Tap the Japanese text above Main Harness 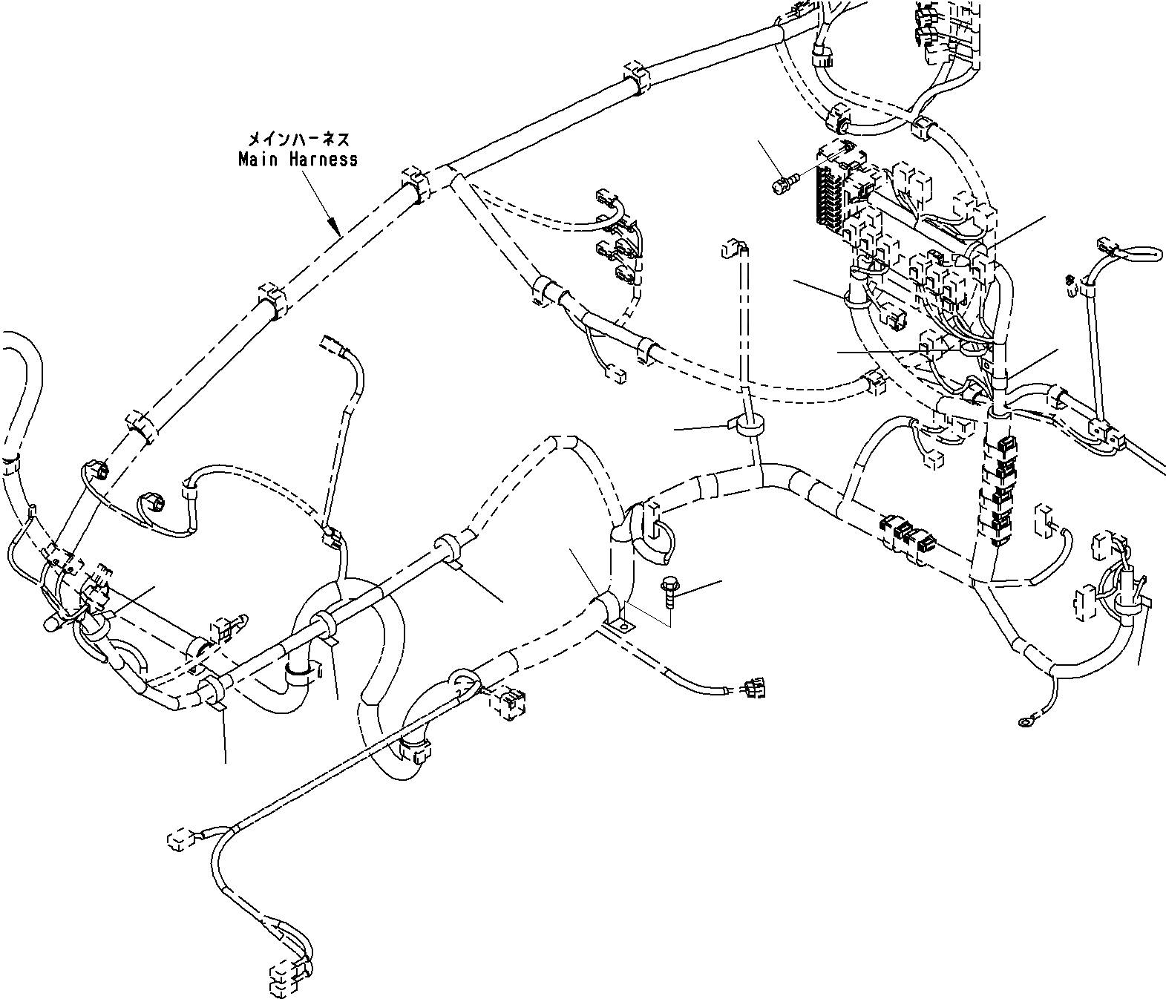coord(297,139)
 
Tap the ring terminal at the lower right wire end coord(1025,719)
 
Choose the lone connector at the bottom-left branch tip coord(180,839)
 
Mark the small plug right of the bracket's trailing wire coord(755,690)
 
